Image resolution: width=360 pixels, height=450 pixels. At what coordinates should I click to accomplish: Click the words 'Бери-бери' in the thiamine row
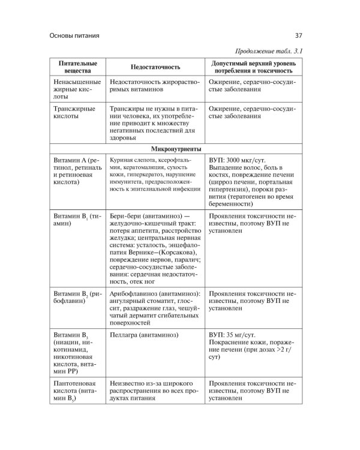128,217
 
